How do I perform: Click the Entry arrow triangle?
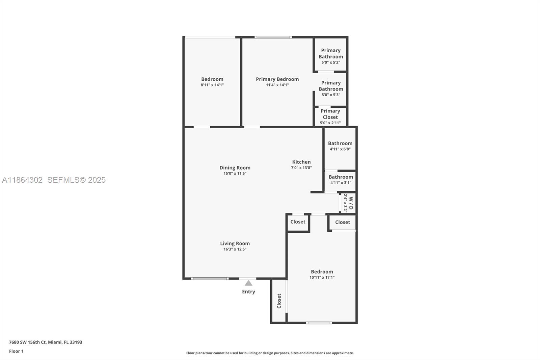click(x=248, y=283)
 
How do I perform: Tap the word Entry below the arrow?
click(x=248, y=292)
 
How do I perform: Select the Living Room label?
click(x=235, y=243)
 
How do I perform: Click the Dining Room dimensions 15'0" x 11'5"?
click(x=235, y=174)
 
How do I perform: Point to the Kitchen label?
click(x=301, y=162)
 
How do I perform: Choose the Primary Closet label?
click(x=330, y=114)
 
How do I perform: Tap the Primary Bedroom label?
click(x=277, y=79)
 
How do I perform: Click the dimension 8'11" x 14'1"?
click(x=212, y=85)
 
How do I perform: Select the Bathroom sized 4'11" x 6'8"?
click(x=340, y=146)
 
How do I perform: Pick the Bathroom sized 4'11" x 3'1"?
click(x=341, y=180)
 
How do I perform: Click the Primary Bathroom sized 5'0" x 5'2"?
click(x=331, y=56)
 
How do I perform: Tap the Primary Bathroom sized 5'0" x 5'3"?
click(x=331, y=88)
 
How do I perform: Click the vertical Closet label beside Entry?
click(x=279, y=301)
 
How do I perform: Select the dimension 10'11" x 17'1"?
click(x=322, y=278)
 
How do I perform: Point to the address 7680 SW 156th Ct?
click(x=46, y=342)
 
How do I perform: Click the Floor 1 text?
click(x=16, y=351)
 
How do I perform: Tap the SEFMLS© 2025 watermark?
click(x=76, y=180)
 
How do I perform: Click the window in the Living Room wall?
click(x=210, y=279)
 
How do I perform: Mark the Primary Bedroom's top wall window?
click(x=273, y=37)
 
